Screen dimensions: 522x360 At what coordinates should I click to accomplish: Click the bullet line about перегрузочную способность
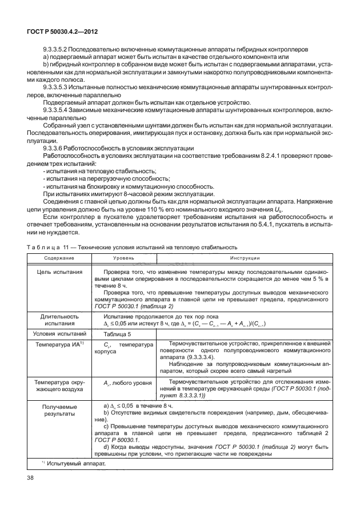coord(95,179)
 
